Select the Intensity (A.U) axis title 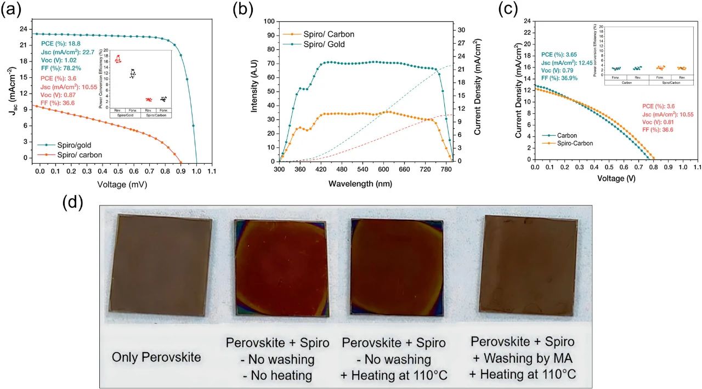tap(254, 91)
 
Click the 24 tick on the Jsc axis tap(22, 29)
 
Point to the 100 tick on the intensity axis tap(267, 21)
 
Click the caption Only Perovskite tap(156, 357)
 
